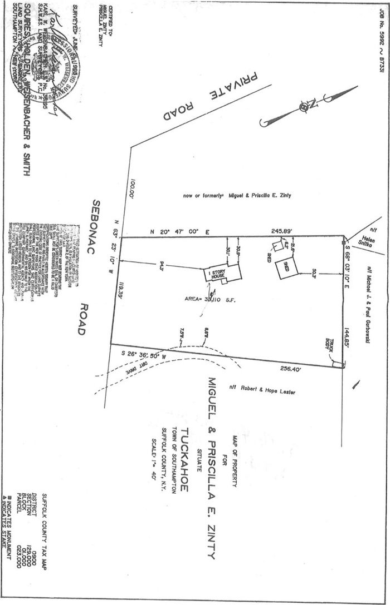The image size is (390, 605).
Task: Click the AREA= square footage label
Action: click(212, 300)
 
